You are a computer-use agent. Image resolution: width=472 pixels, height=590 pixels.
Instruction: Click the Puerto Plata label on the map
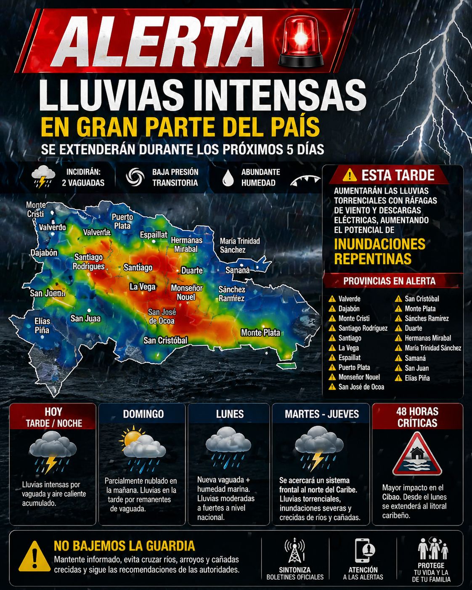(x=122, y=221)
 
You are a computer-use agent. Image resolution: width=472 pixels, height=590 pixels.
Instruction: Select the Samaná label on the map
(x=237, y=270)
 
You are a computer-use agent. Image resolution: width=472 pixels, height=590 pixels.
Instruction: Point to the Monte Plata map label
(x=260, y=332)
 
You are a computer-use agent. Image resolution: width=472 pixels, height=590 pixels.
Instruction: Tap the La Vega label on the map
(x=143, y=287)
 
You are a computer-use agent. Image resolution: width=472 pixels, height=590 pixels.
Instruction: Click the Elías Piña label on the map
(x=42, y=326)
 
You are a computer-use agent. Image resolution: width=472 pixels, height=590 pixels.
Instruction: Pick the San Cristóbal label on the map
(x=165, y=340)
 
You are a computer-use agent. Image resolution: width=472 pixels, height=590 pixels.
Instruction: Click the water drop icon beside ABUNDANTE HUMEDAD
(x=228, y=178)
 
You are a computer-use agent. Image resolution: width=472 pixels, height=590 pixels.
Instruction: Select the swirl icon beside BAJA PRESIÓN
(x=135, y=177)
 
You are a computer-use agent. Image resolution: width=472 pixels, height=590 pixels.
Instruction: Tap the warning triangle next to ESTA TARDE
(x=350, y=175)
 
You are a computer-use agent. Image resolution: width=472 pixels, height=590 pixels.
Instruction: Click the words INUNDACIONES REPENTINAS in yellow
(x=379, y=251)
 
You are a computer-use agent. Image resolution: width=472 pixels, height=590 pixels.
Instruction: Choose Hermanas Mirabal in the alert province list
(x=427, y=338)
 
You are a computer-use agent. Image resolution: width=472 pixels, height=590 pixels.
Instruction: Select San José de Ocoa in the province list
(x=361, y=387)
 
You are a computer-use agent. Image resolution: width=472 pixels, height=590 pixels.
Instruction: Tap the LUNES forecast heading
(x=230, y=414)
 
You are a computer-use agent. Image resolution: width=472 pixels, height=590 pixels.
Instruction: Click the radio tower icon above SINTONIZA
(x=294, y=550)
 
